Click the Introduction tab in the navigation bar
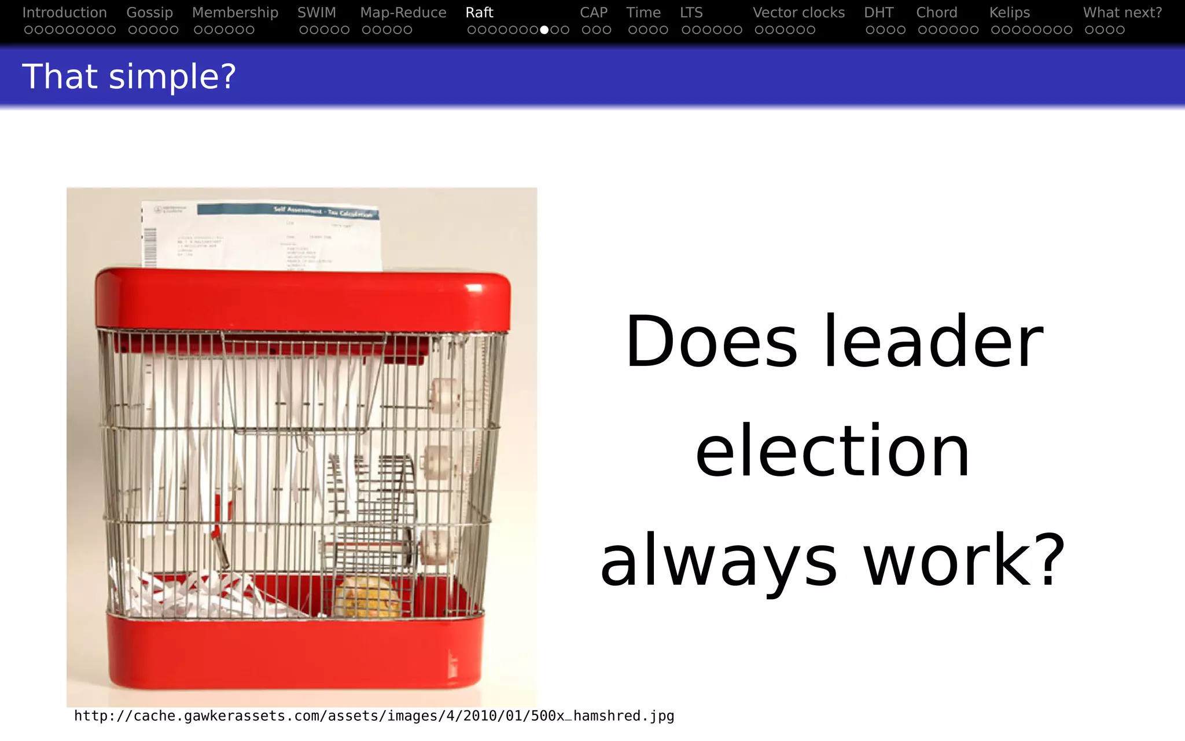[x=64, y=13]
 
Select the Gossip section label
[x=149, y=13]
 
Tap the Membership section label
[x=235, y=13]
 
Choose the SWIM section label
[x=317, y=13]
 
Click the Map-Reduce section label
[x=403, y=13]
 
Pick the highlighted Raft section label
[x=479, y=13]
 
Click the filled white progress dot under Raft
[x=544, y=30]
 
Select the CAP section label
[x=594, y=13]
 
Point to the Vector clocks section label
[x=798, y=13]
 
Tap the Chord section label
[x=937, y=13]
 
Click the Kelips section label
[x=1010, y=13]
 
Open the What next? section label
[x=1123, y=13]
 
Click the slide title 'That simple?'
[x=129, y=76]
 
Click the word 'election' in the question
[x=833, y=451]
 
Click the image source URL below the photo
[x=374, y=716]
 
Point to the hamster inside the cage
[x=366, y=596]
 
